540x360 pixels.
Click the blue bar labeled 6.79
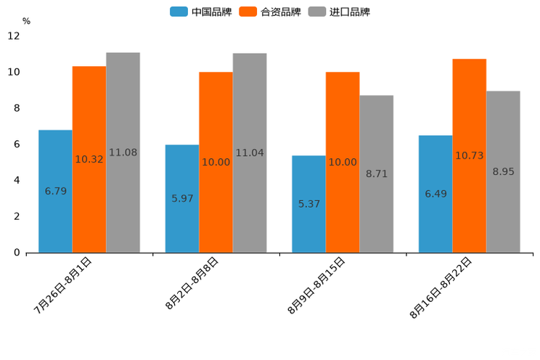point(55,191)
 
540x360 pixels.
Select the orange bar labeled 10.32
point(89,159)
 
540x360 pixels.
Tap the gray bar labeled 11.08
point(123,152)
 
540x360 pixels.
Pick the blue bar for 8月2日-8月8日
point(182,198)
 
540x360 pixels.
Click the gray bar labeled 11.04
point(250,152)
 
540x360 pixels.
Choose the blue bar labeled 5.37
point(308,204)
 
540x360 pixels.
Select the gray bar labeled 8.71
point(377,173)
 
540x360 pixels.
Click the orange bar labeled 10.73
point(470,155)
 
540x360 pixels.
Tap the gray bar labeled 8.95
point(503,171)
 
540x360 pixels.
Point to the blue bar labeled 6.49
point(435,194)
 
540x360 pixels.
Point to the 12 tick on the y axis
point(14,36)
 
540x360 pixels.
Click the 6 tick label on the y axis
point(16,144)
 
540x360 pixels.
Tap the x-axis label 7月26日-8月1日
point(63,285)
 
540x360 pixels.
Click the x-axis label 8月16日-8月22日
point(441,287)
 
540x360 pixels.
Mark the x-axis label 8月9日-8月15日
point(316,285)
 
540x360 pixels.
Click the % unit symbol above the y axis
point(26,22)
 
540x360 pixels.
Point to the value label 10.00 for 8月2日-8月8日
point(216,163)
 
